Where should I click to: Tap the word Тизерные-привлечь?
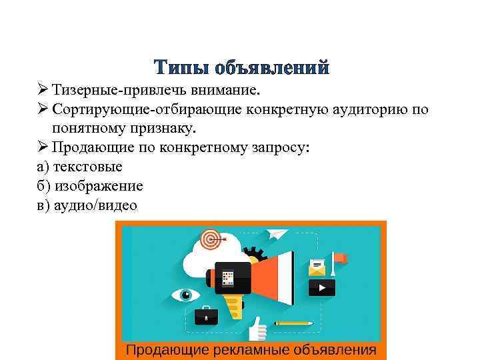click(x=114, y=90)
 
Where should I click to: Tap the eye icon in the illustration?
click(x=186, y=294)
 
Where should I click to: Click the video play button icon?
click(x=322, y=288)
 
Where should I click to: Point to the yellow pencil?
click(x=293, y=323)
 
